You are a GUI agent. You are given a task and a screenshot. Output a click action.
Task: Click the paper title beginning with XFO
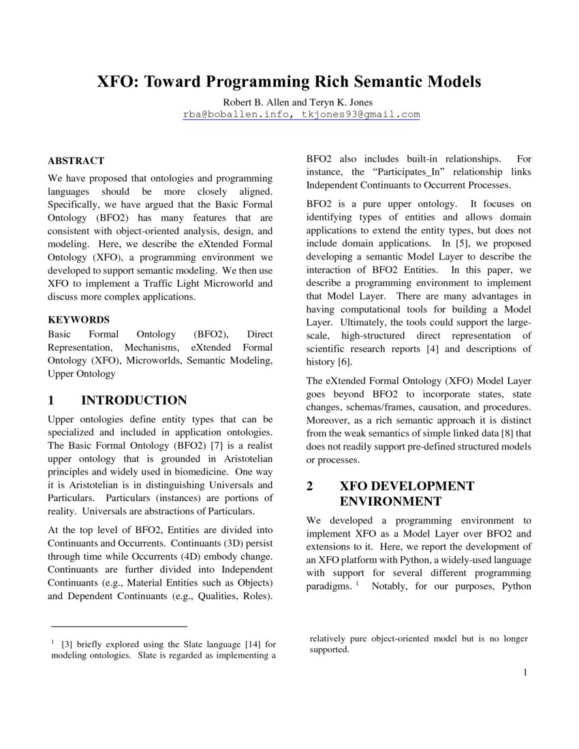(x=289, y=82)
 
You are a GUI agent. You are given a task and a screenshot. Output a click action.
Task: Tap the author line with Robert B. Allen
(x=289, y=102)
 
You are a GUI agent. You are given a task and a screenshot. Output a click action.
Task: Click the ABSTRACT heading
(x=76, y=161)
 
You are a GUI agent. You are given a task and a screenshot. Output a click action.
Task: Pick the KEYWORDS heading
(x=78, y=319)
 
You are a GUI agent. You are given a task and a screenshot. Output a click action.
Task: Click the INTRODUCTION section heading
(x=134, y=400)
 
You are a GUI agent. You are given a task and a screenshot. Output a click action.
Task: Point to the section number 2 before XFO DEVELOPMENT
(x=309, y=486)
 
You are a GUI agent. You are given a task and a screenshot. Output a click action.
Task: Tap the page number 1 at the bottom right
(x=525, y=673)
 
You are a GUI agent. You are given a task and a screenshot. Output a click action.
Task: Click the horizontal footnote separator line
(x=119, y=626)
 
